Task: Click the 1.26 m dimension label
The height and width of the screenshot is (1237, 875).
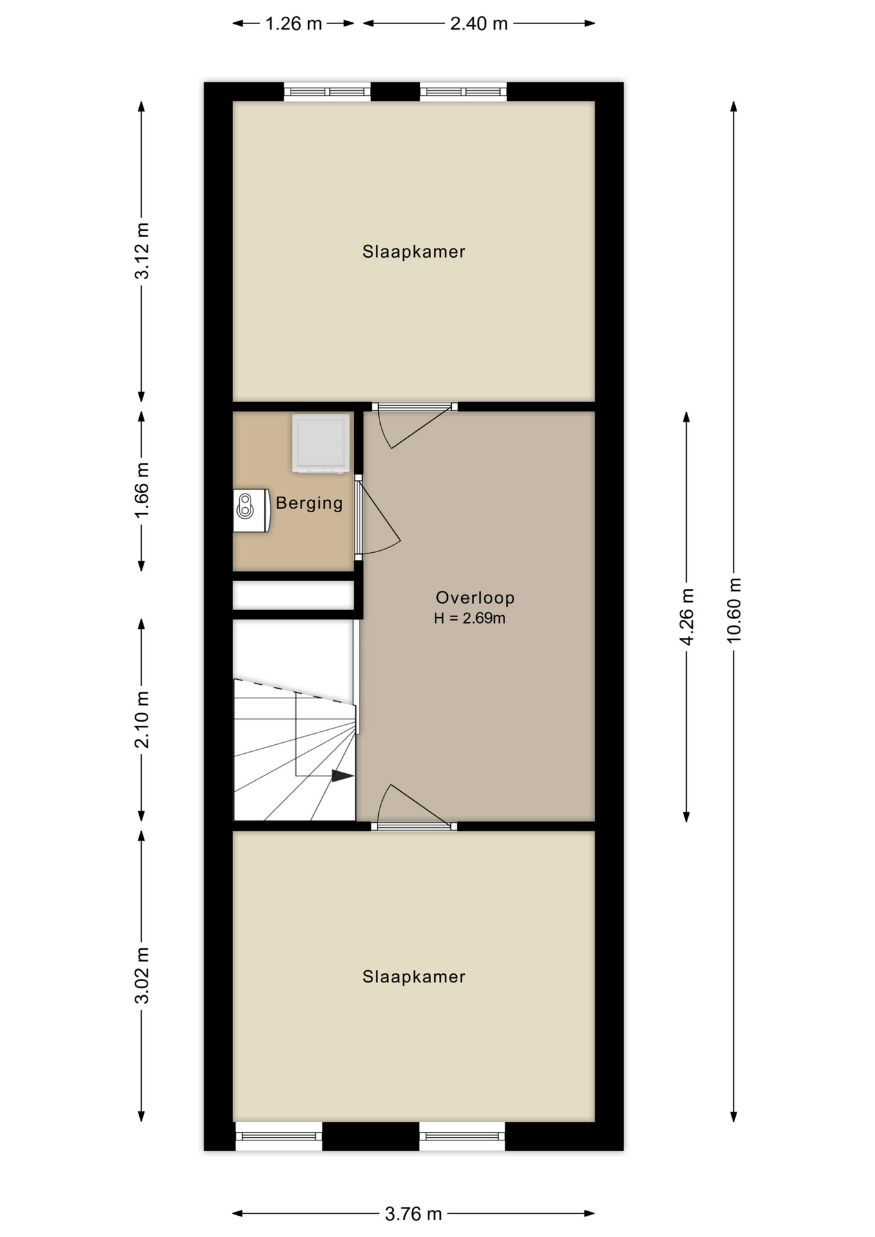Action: click(x=293, y=24)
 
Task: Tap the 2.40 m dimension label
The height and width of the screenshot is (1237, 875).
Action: click(x=479, y=24)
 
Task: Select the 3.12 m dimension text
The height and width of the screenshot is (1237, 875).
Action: click(x=142, y=251)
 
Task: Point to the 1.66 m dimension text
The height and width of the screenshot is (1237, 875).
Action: click(x=142, y=490)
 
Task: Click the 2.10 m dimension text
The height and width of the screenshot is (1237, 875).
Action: click(x=142, y=719)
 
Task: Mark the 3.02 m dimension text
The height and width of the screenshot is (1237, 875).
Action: click(x=142, y=975)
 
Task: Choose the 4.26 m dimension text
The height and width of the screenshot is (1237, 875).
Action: click(x=687, y=617)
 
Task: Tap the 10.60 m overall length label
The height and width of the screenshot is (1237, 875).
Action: click(x=734, y=610)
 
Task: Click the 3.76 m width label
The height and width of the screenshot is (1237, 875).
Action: click(x=413, y=1214)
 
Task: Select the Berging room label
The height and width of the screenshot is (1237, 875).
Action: click(x=309, y=503)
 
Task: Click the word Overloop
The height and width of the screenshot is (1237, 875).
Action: click(x=475, y=598)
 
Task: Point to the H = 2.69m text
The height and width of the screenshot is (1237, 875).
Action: click(x=470, y=618)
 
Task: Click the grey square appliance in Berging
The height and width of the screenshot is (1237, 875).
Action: click(x=321, y=443)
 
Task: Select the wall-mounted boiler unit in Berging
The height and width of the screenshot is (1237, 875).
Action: click(x=251, y=510)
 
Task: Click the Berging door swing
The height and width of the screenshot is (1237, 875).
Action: click(x=378, y=515)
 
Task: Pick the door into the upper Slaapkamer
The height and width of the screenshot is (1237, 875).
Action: click(x=414, y=425)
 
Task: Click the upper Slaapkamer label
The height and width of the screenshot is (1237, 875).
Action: click(x=414, y=252)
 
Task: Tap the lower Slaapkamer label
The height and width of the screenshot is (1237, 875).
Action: click(x=414, y=977)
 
